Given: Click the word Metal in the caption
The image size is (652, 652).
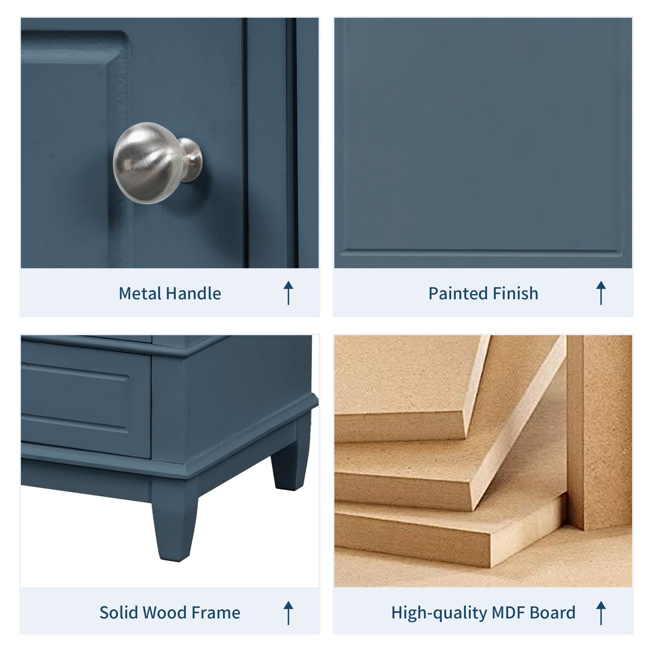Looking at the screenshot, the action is tap(140, 293).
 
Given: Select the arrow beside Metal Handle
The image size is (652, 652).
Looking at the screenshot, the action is tap(288, 293).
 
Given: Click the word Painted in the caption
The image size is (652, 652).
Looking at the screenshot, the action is tap(455, 293).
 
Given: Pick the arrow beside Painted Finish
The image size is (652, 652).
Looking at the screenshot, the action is tap(601, 293).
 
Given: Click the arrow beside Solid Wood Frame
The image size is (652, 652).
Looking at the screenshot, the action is tap(288, 613).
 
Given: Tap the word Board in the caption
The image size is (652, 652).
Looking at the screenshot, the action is tap(553, 613).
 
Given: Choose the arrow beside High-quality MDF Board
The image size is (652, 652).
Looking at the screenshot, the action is tap(601, 613).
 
